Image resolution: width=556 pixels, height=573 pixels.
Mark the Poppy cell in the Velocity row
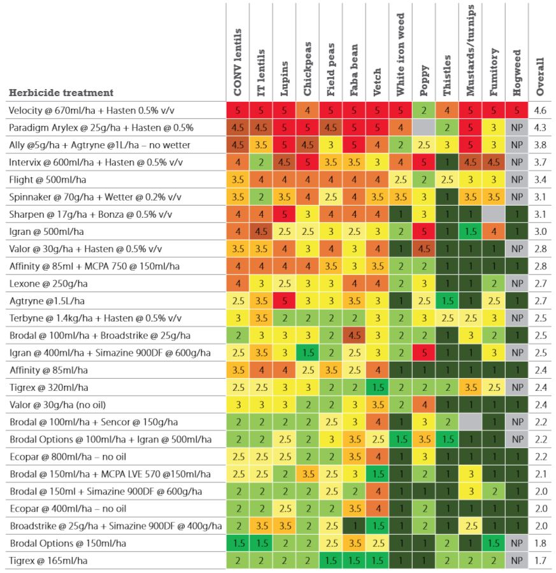[x=424, y=111]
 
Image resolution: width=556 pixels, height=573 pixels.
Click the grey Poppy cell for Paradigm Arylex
[x=424, y=128]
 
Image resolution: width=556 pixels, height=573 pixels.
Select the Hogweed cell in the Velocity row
[x=517, y=111]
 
